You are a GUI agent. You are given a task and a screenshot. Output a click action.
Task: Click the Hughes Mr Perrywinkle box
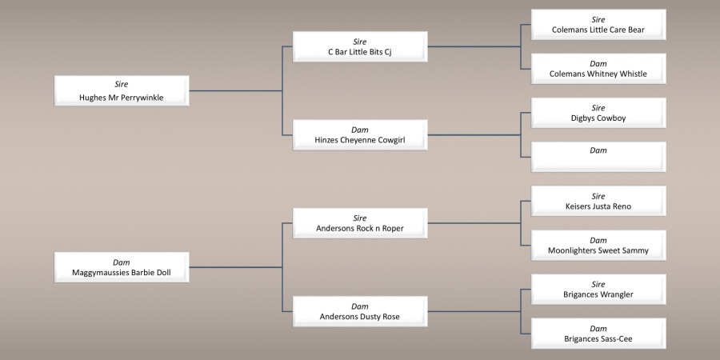click(122, 90)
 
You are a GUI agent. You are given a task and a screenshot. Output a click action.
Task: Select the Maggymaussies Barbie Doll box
click(122, 266)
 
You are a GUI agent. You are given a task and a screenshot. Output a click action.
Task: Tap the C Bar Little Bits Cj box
click(360, 46)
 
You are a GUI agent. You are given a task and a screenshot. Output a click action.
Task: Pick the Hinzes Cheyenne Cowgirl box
click(360, 134)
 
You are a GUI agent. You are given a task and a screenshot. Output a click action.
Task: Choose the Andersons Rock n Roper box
click(360, 222)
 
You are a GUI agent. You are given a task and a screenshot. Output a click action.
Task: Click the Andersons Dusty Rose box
click(360, 310)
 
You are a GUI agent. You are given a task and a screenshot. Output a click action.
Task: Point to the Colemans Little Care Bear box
click(598, 25)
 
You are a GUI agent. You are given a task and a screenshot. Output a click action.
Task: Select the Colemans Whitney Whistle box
click(598, 69)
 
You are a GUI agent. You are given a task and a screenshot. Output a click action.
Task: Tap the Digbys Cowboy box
click(598, 113)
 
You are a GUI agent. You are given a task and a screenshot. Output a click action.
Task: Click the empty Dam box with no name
click(598, 157)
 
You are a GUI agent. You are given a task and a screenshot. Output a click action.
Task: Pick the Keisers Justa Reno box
click(598, 201)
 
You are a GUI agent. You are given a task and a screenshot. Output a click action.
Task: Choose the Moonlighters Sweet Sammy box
click(598, 245)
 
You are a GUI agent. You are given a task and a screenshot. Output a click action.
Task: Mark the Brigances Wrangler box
click(598, 289)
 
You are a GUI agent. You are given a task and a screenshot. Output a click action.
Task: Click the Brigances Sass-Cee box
click(598, 333)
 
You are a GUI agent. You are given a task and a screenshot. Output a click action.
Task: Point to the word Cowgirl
click(388, 140)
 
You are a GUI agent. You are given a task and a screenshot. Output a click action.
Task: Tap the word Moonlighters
click(574, 250)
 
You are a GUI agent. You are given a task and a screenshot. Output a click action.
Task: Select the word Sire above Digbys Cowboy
click(598, 107)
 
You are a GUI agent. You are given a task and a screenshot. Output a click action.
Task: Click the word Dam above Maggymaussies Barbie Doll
click(122, 262)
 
